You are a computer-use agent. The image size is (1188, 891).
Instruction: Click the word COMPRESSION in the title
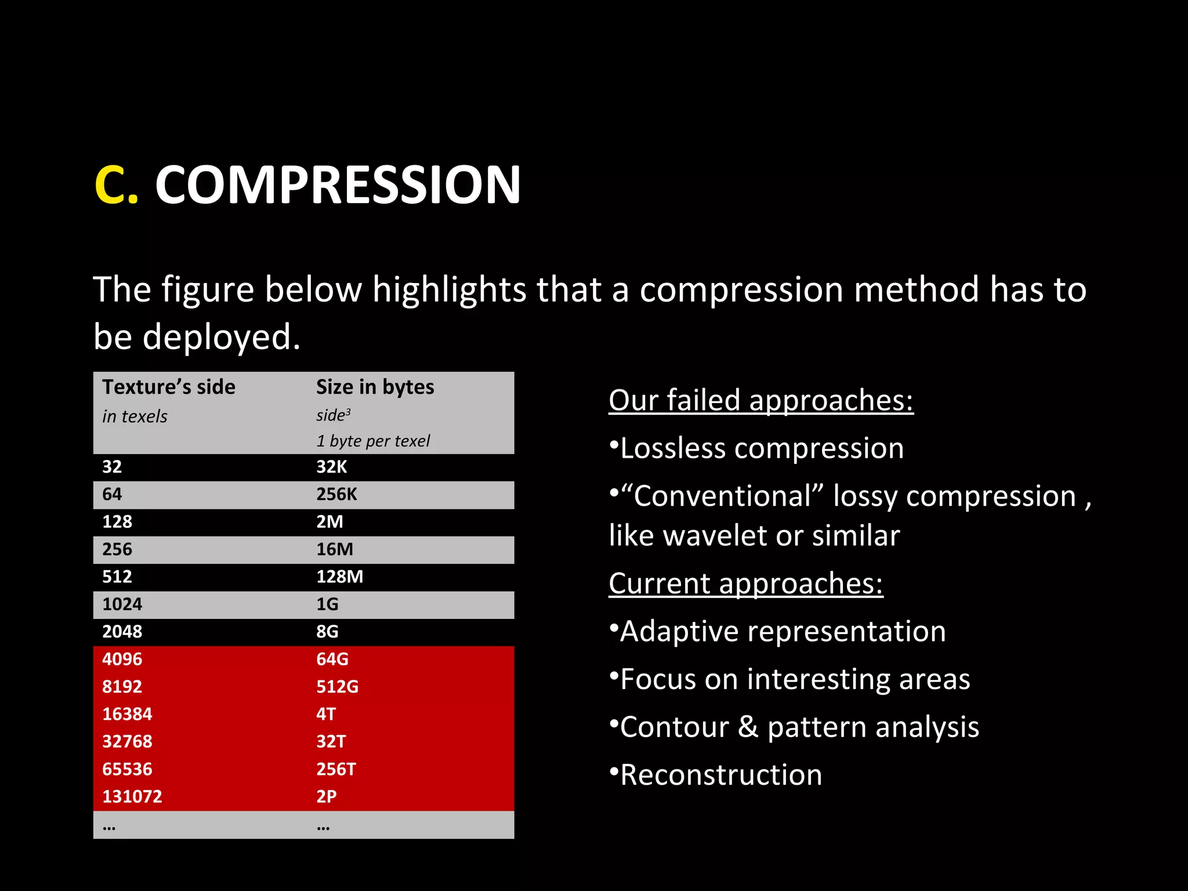coord(338,185)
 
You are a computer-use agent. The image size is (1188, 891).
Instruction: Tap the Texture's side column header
coord(169,387)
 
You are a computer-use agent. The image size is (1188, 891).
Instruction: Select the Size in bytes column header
coord(375,387)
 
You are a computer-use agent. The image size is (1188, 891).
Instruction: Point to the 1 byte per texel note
coord(373,441)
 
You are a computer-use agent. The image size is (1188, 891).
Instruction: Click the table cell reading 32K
coord(331,467)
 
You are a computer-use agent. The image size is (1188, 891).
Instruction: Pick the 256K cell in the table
coord(336,494)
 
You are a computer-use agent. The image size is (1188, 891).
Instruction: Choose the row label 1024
coord(122,604)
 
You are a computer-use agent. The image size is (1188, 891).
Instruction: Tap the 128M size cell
coord(339,577)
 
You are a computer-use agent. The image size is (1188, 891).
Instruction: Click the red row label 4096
coord(122,660)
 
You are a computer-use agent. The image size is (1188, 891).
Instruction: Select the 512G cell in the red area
coord(337,687)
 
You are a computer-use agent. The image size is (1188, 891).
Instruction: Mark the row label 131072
coord(132,796)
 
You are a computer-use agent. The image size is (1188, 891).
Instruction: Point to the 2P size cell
coord(326,796)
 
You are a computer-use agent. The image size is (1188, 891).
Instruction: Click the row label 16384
coord(127,714)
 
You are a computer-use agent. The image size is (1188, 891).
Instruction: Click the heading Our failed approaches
coord(760,400)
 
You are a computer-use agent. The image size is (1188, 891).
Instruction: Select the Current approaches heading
coord(745,584)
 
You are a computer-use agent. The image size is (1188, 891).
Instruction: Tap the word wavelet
coord(715,535)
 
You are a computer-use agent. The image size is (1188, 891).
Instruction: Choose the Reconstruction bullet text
coord(721,775)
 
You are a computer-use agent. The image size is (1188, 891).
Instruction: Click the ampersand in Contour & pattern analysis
coord(748,727)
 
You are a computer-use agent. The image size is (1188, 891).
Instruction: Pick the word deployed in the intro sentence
coord(221,337)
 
